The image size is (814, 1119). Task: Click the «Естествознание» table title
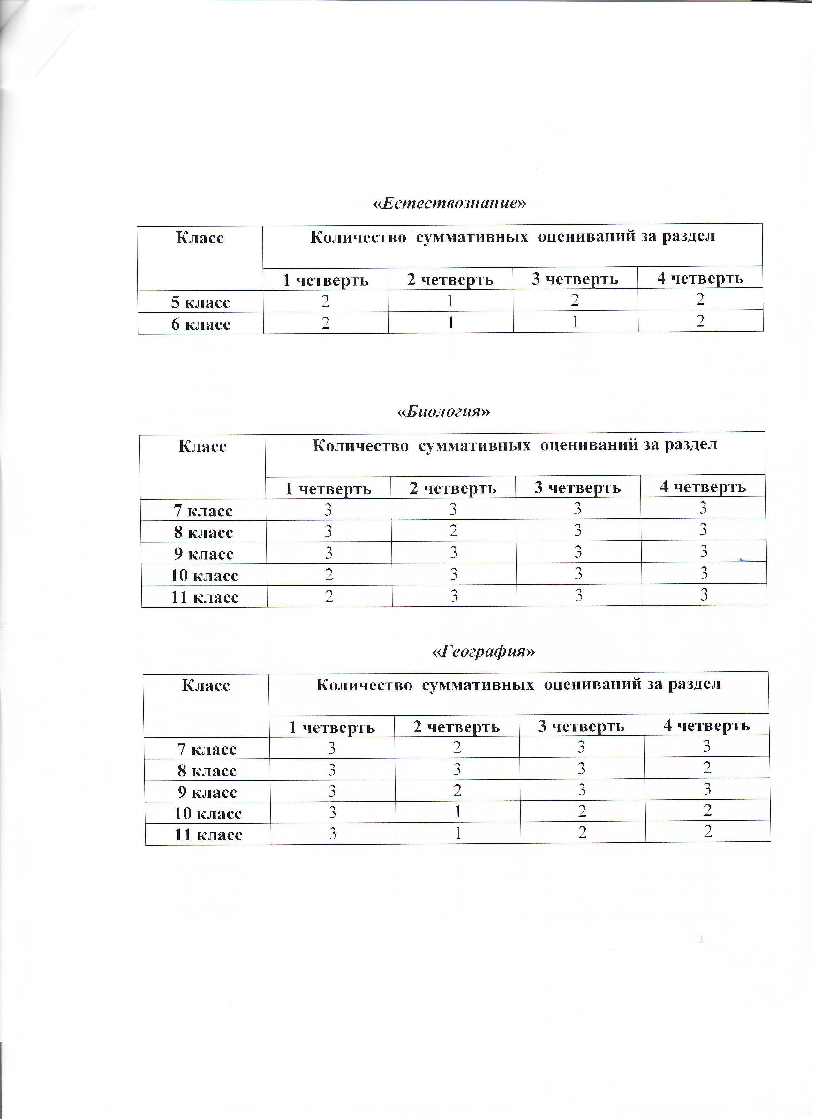click(449, 203)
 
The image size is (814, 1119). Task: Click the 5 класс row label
click(200, 302)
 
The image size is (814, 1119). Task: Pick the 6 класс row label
click(200, 324)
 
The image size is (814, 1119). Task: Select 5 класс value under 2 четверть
click(450, 301)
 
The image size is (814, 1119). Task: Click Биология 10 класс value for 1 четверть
click(328, 574)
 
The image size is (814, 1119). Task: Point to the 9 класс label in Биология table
click(203, 554)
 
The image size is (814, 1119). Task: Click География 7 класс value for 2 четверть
click(457, 748)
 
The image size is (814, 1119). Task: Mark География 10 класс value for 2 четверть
click(458, 812)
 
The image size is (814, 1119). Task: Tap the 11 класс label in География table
click(208, 834)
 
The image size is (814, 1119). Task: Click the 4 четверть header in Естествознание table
click(700, 278)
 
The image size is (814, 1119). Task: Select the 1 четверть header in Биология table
click(328, 489)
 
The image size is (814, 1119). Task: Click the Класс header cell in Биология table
click(202, 446)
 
